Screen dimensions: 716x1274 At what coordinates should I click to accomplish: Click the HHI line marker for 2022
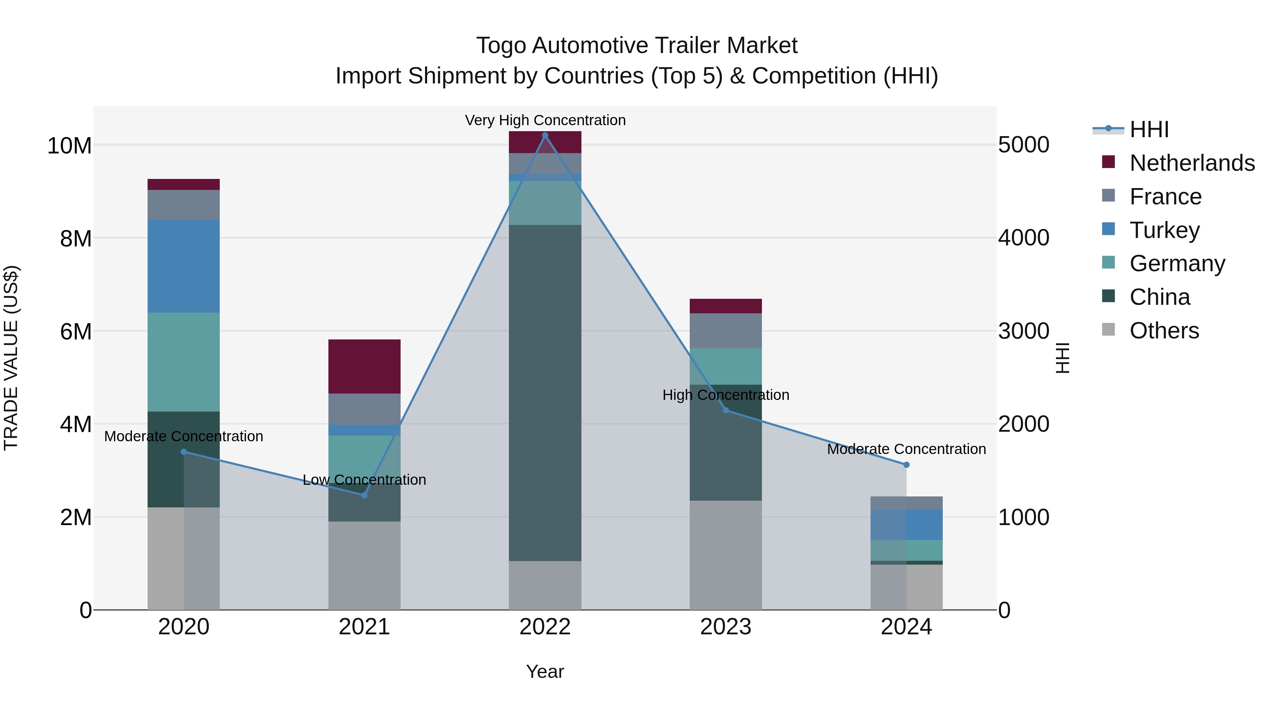coord(545,135)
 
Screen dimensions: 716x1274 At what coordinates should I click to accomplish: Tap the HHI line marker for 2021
coord(365,495)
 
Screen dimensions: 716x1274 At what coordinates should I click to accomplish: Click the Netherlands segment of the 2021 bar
coord(365,367)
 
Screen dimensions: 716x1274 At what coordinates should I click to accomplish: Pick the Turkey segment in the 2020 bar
coord(183,266)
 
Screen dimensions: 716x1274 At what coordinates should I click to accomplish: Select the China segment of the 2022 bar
coord(545,393)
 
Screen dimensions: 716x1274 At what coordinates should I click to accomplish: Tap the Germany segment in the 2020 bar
coord(183,362)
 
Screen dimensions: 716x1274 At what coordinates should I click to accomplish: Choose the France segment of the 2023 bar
coord(725,331)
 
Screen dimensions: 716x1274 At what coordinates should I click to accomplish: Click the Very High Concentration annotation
coord(545,120)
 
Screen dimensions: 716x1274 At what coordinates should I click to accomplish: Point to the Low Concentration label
coord(365,480)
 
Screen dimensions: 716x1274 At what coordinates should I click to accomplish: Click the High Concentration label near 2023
coord(725,395)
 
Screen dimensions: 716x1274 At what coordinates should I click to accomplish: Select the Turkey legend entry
coord(1164,230)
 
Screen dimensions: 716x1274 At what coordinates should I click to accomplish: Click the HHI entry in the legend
coord(1149,129)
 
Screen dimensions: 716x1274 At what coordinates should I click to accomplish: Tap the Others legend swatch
coord(1108,330)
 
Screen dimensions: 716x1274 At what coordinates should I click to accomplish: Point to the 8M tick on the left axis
coord(76,239)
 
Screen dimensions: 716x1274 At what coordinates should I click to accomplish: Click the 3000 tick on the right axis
coord(1023,331)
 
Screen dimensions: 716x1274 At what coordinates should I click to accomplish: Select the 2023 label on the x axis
coord(725,627)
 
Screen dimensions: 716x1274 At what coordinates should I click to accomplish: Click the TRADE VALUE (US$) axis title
coord(11,358)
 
